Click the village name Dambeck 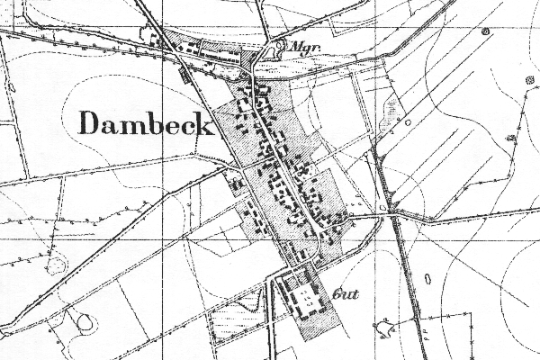tap(146, 123)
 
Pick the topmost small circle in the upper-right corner tap(485, 31)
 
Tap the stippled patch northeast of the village tap(391, 109)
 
